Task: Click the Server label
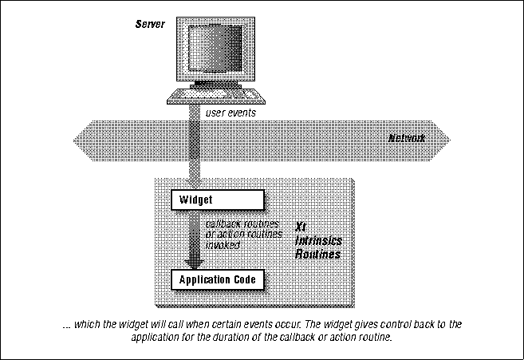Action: coord(150,25)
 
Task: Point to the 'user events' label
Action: coord(230,113)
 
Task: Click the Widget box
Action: coord(218,199)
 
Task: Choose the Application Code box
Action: coord(218,279)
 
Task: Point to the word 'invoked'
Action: coord(223,245)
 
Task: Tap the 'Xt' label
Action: coord(301,227)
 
